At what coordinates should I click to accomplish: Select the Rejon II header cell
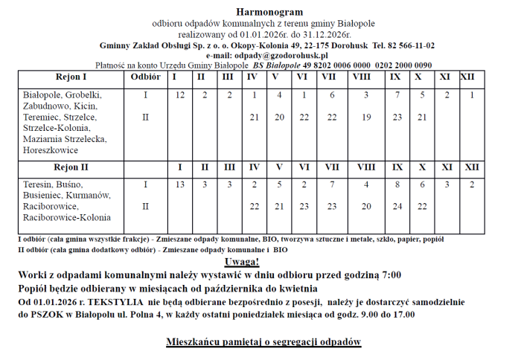click(71, 167)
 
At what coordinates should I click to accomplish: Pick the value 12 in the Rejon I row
click(179, 95)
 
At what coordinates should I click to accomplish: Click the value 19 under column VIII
click(366, 118)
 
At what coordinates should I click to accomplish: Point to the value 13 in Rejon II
click(179, 184)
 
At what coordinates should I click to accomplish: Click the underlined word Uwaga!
click(241, 262)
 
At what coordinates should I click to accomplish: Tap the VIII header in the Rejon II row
click(366, 167)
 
